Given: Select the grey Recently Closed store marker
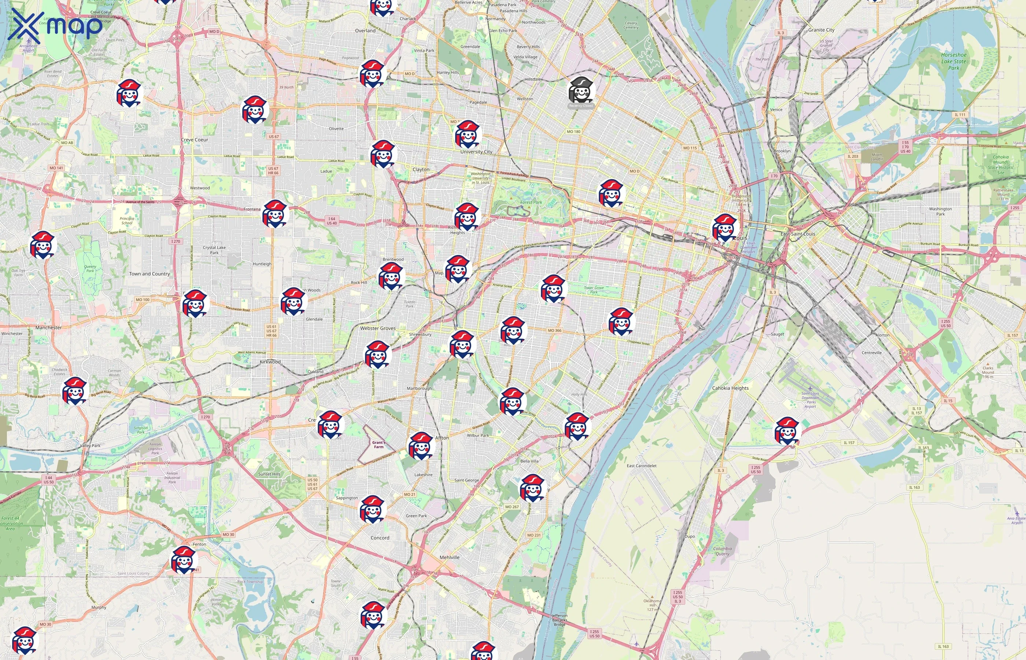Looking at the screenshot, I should [x=581, y=91].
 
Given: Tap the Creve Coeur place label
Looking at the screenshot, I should [x=195, y=140].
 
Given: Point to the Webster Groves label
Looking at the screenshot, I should [x=378, y=328].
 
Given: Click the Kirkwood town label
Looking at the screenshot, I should [x=270, y=362].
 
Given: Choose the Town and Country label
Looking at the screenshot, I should [x=150, y=274].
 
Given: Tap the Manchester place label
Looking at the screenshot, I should [x=48, y=327].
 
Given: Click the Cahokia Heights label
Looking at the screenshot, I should [x=730, y=388].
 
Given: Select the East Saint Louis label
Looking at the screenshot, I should [x=797, y=234].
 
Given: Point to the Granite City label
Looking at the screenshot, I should [x=821, y=30].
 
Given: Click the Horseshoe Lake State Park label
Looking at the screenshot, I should [x=954, y=61].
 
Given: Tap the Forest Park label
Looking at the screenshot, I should [x=531, y=202].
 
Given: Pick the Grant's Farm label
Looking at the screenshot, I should [x=379, y=444].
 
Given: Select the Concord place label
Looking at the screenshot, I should [x=380, y=538].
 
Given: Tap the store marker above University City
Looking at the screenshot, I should [x=468, y=134].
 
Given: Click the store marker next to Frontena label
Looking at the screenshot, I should [x=275, y=213].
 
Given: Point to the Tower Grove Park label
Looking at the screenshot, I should [x=594, y=290].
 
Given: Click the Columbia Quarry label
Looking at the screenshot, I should [x=722, y=551].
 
